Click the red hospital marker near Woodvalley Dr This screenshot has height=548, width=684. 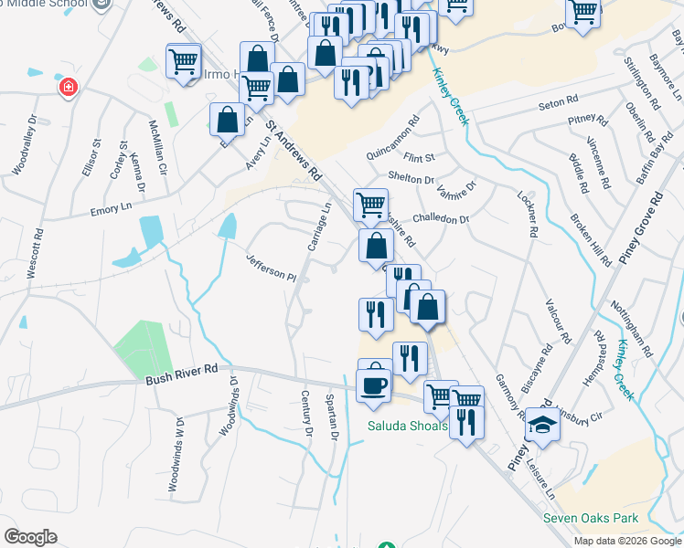(x=67, y=88)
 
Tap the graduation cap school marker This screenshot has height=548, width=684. (x=542, y=426)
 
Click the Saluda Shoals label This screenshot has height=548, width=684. (x=408, y=427)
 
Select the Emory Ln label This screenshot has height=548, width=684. (x=112, y=209)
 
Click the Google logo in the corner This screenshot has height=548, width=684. (x=30, y=537)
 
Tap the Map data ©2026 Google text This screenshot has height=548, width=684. (x=627, y=541)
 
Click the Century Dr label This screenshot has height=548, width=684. (x=307, y=413)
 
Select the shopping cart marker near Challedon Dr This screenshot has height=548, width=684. (x=370, y=204)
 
